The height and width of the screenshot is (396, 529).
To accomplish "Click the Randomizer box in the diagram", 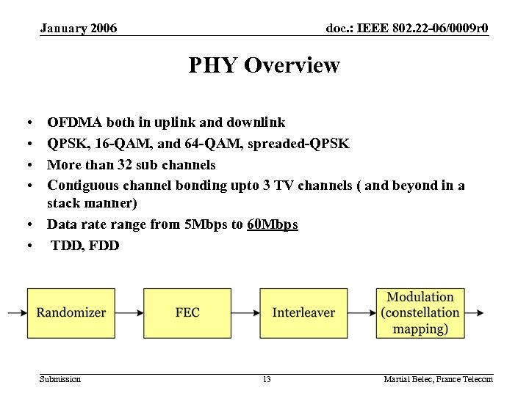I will (x=71, y=312).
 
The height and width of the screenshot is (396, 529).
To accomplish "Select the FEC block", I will (x=187, y=312).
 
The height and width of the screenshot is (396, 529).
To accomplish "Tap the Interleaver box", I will (x=303, y=312).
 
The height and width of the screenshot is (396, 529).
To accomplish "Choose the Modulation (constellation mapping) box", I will (x=420, y=312).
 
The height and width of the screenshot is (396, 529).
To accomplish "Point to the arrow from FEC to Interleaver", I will (x=245, y=313).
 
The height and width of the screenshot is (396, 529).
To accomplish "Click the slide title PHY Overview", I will (x=264, y=66).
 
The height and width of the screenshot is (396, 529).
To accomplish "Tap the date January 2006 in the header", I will (x=79, y=29).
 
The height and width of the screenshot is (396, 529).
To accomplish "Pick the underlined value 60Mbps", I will (x=273, y=224).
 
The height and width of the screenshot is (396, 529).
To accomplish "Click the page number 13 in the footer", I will (x=267, y=379).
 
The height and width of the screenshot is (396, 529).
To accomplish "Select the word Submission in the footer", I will (x=60, y=379).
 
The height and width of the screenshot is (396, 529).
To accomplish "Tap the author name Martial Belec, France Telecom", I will (x=438, y=379).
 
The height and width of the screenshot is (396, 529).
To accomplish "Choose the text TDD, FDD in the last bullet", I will (x=84, y=245).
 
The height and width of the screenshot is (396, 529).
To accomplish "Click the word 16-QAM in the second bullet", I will (x=119, y=144).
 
